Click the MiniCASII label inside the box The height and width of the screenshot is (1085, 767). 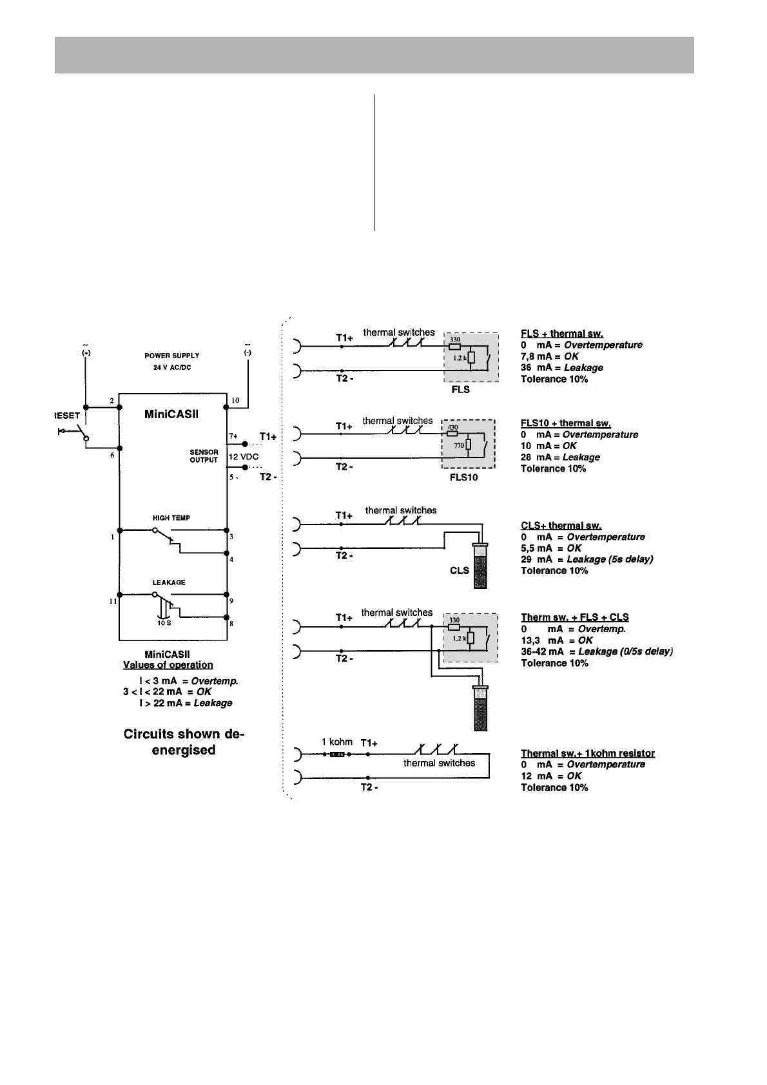(171, 414)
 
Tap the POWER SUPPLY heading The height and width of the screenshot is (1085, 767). (171, 356)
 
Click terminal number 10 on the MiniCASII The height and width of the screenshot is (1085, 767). (235, 401)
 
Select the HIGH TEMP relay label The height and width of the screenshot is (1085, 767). (171, 518)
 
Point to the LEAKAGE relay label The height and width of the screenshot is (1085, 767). (169, 582)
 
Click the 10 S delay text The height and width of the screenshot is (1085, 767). (164, 623)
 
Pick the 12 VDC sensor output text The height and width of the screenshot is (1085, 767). (244, 456)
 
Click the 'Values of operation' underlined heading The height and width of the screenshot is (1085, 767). (168, 665)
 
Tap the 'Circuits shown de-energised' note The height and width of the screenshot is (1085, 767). (184, 742)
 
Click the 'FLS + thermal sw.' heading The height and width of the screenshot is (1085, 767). (561, 334)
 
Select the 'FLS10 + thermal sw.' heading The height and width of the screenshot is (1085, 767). (565, 423)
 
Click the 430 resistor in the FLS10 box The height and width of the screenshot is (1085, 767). (452, 428)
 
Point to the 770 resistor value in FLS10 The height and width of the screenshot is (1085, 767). (459, 445)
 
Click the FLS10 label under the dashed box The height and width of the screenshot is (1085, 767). (463, 478)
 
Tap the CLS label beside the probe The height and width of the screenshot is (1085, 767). (459, 570)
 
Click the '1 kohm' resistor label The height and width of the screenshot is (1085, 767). (337, 742)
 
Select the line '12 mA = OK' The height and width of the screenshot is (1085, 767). (551, 776)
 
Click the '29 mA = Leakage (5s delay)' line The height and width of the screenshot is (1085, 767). (587, 559)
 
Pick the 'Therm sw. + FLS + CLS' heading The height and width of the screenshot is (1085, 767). (574, 617)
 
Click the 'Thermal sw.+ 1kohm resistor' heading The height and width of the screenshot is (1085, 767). (587, 753)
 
